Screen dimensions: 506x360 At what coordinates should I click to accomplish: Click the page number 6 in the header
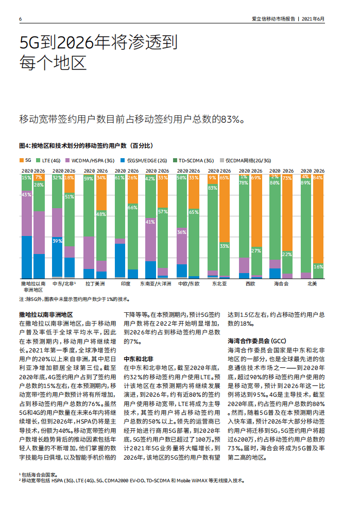(x=20, y=19)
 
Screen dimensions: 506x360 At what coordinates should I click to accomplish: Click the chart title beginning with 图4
(x=85, y=146)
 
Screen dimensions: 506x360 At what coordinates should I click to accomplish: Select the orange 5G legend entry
(x=25, y=160)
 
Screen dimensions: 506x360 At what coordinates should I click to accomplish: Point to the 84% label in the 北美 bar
(x=318, y=178)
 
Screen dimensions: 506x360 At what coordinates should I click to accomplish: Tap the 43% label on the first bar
(x=26, y=195)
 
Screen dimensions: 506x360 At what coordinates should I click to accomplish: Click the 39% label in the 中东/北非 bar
(x=57, y=241)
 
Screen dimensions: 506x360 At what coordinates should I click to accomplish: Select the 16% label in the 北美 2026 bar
(x=318, y=266)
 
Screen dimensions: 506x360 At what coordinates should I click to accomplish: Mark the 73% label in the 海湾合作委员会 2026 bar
(x=287, y=178)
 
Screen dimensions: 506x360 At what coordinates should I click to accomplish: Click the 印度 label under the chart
(x=125, y=284)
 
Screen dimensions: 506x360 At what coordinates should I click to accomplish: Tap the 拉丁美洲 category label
(x=95, y=284)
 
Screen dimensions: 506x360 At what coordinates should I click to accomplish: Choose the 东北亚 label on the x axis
(x=219, y=284)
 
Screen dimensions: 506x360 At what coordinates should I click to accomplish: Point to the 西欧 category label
(x=250, y=284)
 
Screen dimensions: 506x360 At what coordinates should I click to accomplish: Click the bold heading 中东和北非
(x=139, y=358)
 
